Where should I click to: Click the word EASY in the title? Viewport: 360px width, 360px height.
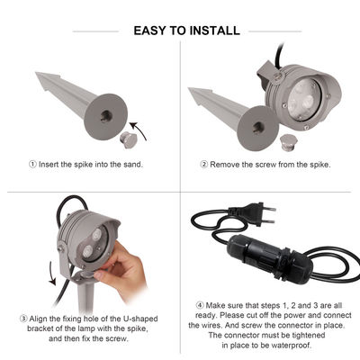tap(151, 31)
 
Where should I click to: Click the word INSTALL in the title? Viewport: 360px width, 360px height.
tap(214, 31)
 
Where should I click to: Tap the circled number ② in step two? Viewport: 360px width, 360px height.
tap(204, 164)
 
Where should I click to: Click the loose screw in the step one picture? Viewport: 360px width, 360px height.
tap(129, 140)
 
